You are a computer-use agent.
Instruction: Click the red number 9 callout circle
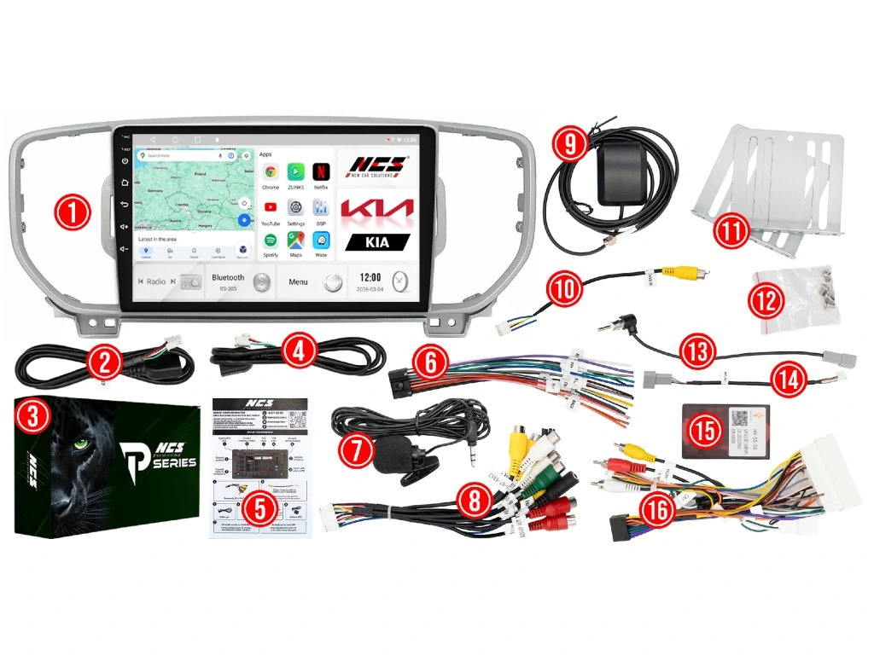(x=569, y=144)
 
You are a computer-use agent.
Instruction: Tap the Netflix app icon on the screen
(x=321, y=171)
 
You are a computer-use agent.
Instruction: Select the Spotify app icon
(x=271, y=240)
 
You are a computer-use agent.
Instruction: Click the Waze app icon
(x=321, y=240)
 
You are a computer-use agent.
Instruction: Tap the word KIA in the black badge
(x=378, y=242)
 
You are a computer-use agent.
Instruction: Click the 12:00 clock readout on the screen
(x=370, y=277)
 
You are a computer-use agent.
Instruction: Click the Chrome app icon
(x=271, y=171)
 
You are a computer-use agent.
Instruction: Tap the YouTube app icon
(x=271, y=206)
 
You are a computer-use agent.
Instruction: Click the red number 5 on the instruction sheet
(x=260, y=509)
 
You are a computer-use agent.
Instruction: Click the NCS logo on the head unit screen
(x=378, y=164)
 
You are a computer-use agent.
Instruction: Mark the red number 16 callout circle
(x=655, y=511)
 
